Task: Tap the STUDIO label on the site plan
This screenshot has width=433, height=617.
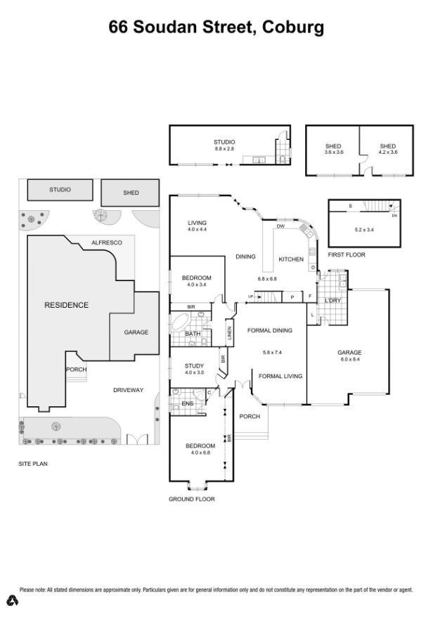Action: coord(60,190)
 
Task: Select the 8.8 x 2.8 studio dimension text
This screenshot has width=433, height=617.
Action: coord(224,149)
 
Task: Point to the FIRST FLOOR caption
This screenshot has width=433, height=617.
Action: coord(347,254)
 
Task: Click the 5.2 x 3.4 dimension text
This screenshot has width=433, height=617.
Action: coord(364,229)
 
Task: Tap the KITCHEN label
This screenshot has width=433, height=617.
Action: coord(291,259)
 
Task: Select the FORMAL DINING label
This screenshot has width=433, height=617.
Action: coord(269,330)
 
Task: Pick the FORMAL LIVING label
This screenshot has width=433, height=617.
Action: coord(280,376)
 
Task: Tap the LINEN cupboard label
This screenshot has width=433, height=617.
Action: coord(229,332)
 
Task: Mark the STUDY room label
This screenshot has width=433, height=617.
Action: coord(194,365)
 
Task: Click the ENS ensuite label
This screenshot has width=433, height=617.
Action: coord(188,404)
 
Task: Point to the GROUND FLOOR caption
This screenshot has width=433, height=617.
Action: coord(191,499)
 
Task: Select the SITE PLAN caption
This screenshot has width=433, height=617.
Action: coord(33,465)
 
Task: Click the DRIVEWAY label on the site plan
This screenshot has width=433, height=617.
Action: coord(128,390)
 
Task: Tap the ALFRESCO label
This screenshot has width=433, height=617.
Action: coord(106,242)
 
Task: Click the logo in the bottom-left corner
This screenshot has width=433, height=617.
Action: coord(12,599)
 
